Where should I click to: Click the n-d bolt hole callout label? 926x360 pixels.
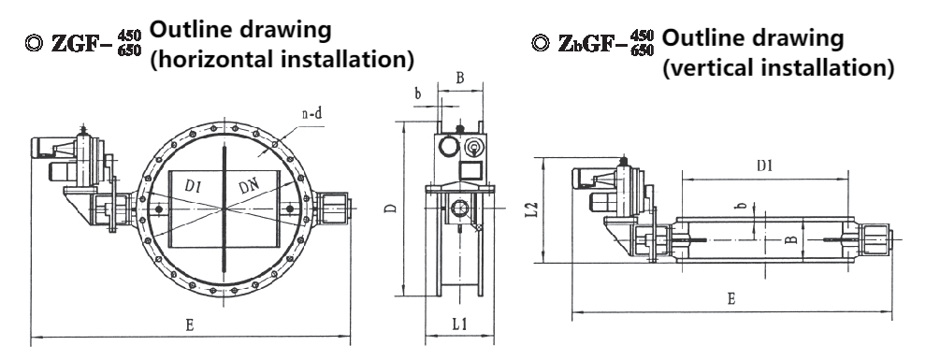311,114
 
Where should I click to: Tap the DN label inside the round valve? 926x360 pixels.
249,188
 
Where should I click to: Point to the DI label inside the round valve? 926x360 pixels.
194,186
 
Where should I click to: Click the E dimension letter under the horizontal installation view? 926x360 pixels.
190,324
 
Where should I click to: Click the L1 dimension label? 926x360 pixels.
460,324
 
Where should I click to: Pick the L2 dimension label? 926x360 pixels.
532,209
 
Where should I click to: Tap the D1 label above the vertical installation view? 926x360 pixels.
765,166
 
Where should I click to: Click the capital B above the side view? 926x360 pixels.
460,78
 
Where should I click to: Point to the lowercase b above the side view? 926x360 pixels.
417,94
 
